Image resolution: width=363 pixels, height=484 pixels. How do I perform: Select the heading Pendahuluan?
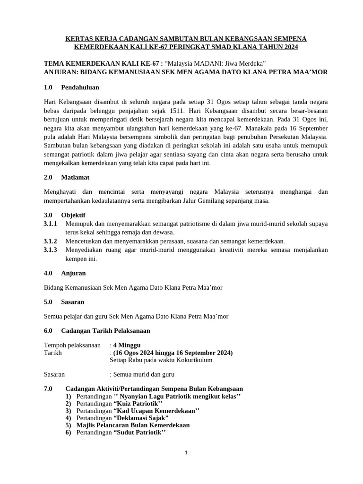tap(80, 87)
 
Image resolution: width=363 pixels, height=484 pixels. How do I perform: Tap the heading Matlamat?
tap(75, 177)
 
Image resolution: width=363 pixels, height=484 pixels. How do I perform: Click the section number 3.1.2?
tap(50, 241)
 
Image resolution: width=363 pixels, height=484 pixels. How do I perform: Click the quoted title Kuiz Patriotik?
tap(138, 403)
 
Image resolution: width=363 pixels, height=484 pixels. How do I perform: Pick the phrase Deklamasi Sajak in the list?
tap(141, 418)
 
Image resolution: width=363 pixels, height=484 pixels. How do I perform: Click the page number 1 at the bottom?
tap(186, 453)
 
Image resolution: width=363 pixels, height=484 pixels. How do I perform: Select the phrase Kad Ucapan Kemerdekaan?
tap(156, 411)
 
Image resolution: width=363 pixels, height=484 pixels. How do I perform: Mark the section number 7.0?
tap(49, 389)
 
